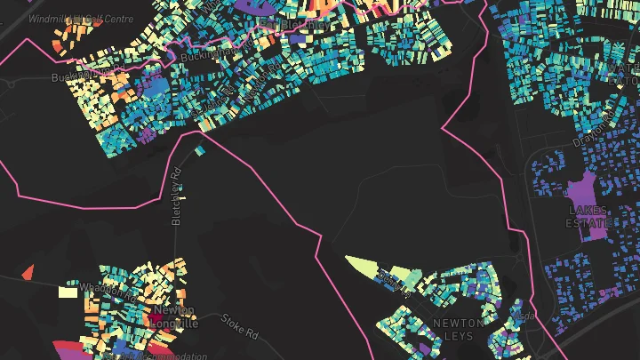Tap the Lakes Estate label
pos(588,216)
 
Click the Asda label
pos(526,315)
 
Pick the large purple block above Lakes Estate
pos(583,190)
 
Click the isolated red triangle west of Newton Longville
pos(28,272)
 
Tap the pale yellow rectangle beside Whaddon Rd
pos(68,291)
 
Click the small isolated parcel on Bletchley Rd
pos(199,150)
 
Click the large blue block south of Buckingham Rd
pos(153,88)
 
